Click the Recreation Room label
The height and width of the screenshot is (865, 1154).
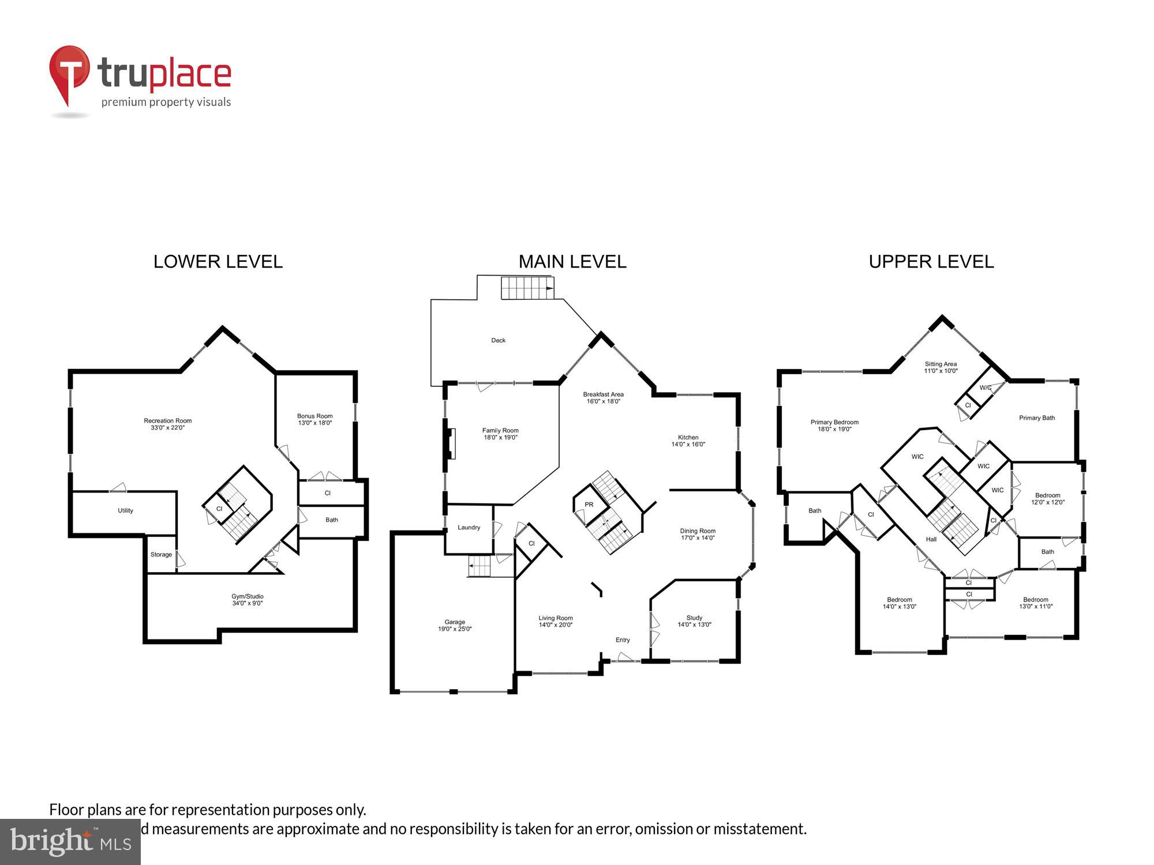tap(167, 421)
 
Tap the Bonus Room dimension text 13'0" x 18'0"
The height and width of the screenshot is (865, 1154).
tap(314, 423)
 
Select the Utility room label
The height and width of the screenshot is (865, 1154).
tap(125, 511)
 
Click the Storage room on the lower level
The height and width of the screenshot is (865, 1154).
tap(161, 555)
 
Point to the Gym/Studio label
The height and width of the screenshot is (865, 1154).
tap(247, 597)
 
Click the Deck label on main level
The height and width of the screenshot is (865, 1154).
tap(498, 341)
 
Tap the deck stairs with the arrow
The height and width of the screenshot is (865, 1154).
tap(527, 288)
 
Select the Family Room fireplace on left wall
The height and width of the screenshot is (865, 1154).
tap(451, 443)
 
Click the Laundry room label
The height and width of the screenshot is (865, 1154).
tap(469, 528)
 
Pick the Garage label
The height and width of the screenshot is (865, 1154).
tap(455, 622)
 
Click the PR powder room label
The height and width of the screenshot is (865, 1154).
tap(589, 505)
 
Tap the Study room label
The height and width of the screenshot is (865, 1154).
tap(694, 618)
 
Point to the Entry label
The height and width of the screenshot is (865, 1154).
tap(623, 640)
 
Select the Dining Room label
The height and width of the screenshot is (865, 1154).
tap(698, 531)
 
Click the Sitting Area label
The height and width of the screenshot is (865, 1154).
tap(941, 364)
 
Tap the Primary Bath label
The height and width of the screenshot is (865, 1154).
tap(1036, 418)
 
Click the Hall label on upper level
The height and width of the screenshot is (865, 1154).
tap(931, 540)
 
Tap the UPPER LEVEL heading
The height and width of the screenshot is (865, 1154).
tap(931, 262)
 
